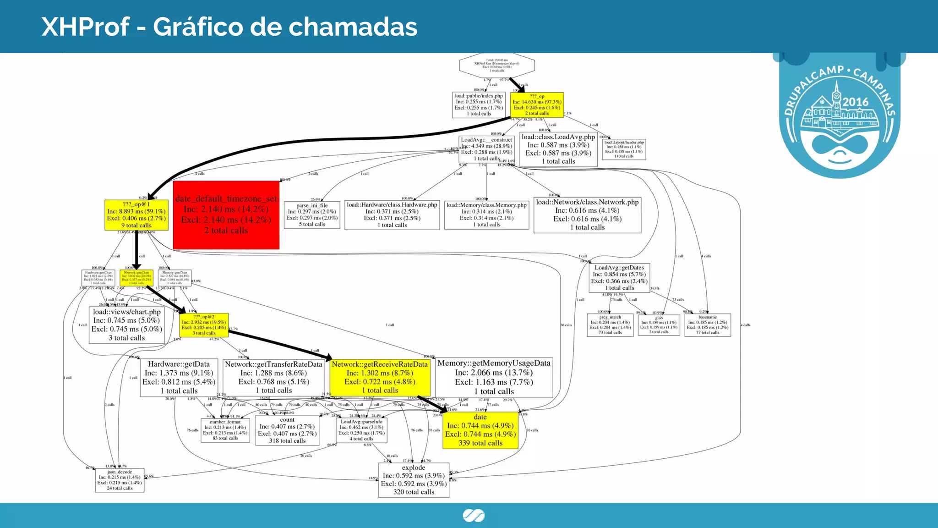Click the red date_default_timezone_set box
(226, 215)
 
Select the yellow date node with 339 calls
(480, 430)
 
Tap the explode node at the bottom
(414, 480)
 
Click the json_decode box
(120, 480)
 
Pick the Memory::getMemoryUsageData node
(494, 377)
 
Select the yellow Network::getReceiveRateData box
(380, 377)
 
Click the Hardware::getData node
(179, 377)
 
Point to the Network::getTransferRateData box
(273, 377)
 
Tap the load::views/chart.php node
(127, 325)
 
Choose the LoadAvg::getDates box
(619, 278)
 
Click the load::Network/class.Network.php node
(587, 214)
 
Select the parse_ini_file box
(312, 215)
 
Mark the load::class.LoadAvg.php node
(558, 149)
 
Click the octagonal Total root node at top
(497, 66)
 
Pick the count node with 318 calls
(287, 430)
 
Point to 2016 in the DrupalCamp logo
(855, 102)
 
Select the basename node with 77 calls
(708, 325)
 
